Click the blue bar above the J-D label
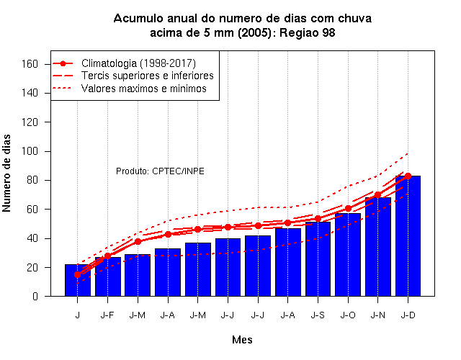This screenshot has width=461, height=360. [408, 236]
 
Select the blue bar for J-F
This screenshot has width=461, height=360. [107, 276]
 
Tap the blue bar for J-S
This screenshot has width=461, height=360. [318, 259]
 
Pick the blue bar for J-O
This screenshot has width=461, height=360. [348, 254]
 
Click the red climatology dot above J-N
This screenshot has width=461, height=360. [377, 195]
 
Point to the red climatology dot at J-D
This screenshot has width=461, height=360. [408, 176]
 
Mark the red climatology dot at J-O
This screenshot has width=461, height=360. [348, 209]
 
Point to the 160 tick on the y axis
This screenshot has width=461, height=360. [30, 64]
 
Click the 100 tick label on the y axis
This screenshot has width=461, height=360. [30, 151]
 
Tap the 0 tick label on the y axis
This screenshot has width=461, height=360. [35, 296]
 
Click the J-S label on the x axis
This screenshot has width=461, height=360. [318, 315]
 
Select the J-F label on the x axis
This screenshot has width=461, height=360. [107, 315]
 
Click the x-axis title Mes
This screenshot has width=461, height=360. [242, 340]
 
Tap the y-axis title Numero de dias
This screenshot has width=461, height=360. [6, 174]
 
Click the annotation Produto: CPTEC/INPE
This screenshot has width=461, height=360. [160, 171]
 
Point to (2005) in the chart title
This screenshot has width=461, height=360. [254, 32]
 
